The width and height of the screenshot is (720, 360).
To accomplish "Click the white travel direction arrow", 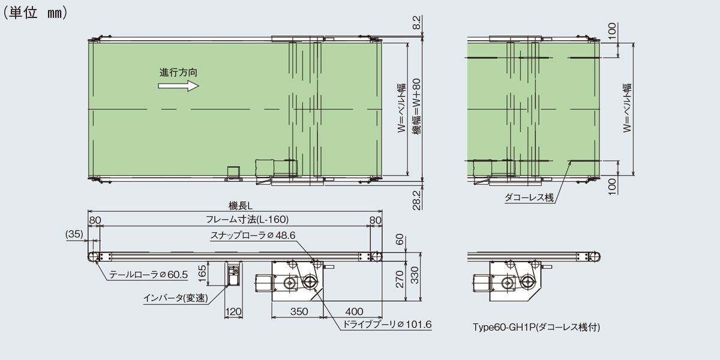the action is (x=178, y=86).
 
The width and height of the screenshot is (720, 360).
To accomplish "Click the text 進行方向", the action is (x=178, y=73).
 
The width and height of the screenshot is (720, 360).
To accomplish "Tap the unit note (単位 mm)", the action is (x=35, y=13).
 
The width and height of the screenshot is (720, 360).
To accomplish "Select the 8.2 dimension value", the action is (x=416, y=23).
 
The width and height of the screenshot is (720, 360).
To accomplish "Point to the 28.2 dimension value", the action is (x=416, y=200).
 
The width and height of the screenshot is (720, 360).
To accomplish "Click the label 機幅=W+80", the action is (x=416, y=106).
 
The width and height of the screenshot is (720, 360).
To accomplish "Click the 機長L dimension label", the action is (x=241, y=205).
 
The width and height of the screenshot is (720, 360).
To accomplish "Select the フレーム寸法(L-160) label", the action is (x=247, y=219).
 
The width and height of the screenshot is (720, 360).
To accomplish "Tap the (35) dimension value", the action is (x=74, y=234).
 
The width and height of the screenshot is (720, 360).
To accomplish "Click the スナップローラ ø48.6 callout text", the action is (x=253, y=235).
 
